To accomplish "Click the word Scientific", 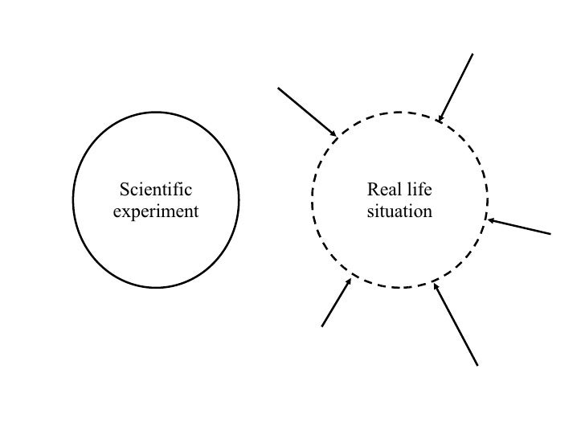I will point(156,191).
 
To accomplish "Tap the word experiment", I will point(156,212).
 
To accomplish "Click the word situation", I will point(399,212).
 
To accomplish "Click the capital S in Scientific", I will point(124,191).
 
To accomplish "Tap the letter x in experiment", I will point(125,212).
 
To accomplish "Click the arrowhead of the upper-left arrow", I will point(334,133).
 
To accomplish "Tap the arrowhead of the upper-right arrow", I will point(439,121).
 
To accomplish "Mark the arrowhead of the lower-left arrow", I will point(350,281).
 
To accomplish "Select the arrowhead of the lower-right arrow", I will point(435,284).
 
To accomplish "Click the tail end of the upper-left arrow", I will point(279,88).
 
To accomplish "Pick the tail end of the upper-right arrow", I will point(472,54).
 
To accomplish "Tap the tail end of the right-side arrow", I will point(551,234).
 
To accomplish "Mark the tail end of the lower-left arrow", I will point(322,326).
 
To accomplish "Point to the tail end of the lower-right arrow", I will point(477,365).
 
